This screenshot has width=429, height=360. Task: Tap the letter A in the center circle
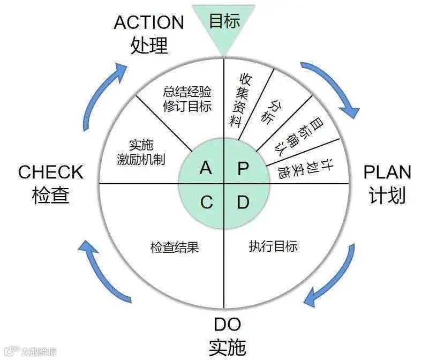(206, 168)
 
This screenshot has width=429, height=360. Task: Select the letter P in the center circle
(243, 168)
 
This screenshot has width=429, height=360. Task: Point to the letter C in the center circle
(206, 202)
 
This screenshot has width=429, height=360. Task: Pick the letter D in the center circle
(243, 202)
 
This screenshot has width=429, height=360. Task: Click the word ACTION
(149, 22)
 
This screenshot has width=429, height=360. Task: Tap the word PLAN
(387, 172)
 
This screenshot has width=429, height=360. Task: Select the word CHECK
(51, 172)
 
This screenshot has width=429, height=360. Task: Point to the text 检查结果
(175, 247)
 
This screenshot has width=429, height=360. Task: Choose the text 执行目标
(273, 246)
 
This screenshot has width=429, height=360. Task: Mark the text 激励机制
(141, 159)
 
